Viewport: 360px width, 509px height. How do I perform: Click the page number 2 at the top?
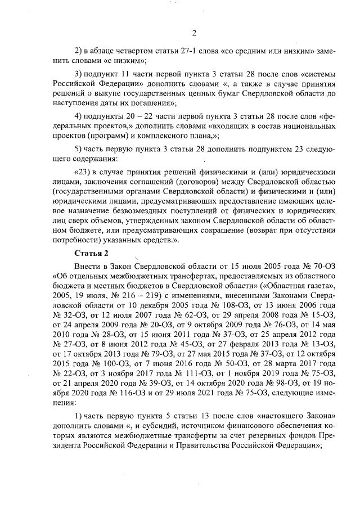tap(193, 32)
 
